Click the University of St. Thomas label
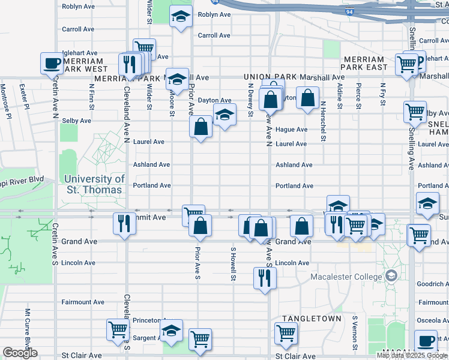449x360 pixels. click(x=94, y=184)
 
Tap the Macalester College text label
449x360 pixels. click(x=346, y=277)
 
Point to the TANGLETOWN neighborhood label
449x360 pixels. click(x=312, y=319)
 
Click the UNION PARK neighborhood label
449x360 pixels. click(x=268, y=77)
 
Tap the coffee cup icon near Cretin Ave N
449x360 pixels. click(x=52, y=62)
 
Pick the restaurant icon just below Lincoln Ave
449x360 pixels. click(x=265, y=277)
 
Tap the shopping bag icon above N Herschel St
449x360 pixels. click(x=307, y=97)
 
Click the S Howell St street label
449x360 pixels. click(x=232, y=263)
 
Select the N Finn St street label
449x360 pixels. click(x=92, y=96)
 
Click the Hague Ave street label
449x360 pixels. click(x=292, y=130)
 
